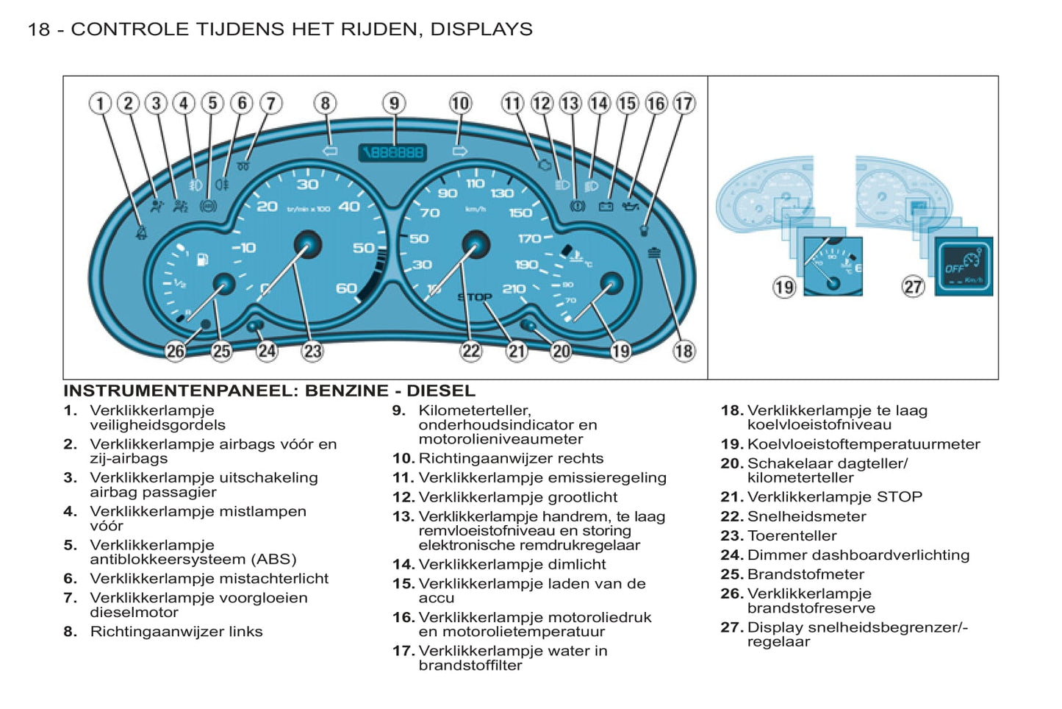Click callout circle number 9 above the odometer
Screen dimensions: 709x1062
tap(394, 103)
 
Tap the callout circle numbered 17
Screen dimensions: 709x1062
tap(684, 103)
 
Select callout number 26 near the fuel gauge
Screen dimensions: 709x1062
tap(175, 351)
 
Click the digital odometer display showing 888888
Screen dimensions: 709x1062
tap(393, 152)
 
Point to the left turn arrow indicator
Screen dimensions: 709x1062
tap(330, 151)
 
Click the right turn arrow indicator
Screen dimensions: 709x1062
tap(460, 152)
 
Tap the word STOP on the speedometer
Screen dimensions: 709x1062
tap(475, 297)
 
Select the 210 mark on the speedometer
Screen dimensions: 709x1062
tap(514, 289)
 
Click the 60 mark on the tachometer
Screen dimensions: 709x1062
tap(346, 288)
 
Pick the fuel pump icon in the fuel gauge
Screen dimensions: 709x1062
tap(202, 260)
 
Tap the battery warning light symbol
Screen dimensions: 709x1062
tap(606, 207)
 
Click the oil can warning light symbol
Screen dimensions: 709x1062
tap(630, 207)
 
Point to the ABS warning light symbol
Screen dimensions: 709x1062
tap(209, 206)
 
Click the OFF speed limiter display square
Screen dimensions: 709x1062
tap(964, 266)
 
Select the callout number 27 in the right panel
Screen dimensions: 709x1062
tap(913, 286)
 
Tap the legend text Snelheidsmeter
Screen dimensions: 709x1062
tap(806, 516)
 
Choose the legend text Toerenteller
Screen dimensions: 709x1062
tap(792, 535)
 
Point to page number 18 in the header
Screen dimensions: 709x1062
tap(38, 29)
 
